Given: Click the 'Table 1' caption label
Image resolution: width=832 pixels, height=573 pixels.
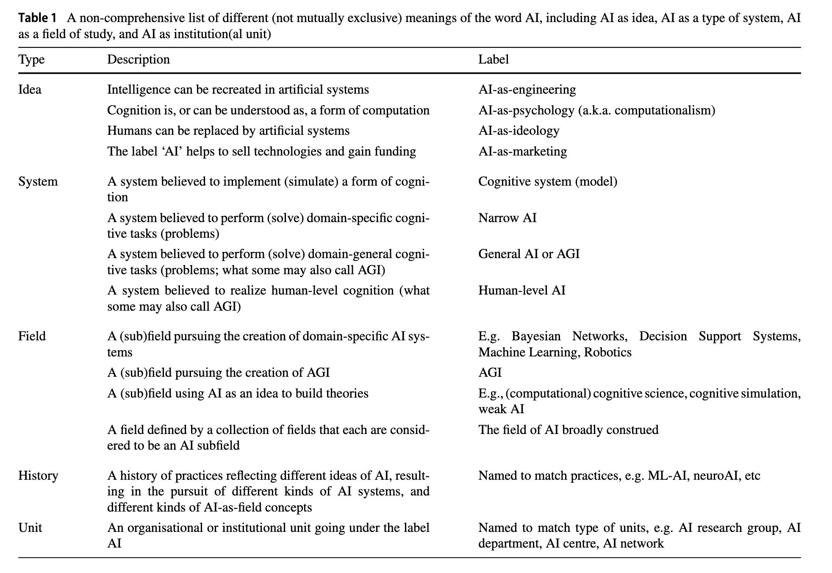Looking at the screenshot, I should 37,18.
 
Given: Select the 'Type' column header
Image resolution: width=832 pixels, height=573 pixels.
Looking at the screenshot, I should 31,59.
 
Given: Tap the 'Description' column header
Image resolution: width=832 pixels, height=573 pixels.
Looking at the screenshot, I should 138,59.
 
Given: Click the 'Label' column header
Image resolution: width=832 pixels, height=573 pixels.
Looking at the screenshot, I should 494,59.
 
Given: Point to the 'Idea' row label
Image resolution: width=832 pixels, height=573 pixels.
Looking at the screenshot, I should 30,89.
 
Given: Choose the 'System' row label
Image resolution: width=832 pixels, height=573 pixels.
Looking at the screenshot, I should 38,181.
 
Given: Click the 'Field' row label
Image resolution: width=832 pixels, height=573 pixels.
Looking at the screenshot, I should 32,336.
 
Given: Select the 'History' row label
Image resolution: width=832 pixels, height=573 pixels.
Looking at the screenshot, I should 38,476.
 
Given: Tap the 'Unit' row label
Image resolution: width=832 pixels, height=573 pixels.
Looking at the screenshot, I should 30,528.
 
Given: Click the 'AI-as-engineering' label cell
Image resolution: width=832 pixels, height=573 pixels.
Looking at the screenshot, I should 527,89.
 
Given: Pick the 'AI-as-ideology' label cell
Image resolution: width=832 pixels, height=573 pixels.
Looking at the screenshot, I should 519,131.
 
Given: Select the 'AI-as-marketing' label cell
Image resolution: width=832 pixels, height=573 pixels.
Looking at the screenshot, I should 522,151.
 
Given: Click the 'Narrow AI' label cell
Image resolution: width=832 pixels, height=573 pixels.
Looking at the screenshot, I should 507,218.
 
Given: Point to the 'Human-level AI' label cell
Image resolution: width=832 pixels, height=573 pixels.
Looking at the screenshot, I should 521,290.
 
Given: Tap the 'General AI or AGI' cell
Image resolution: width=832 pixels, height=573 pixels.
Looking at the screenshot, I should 529,254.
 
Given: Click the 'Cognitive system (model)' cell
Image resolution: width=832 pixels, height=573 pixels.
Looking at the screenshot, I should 548,181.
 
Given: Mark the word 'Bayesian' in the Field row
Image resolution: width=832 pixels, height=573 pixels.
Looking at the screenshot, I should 536,336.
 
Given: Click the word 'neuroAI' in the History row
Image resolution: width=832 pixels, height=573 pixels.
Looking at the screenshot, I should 713,476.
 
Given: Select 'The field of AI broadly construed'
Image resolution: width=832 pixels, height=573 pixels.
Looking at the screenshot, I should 568,430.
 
